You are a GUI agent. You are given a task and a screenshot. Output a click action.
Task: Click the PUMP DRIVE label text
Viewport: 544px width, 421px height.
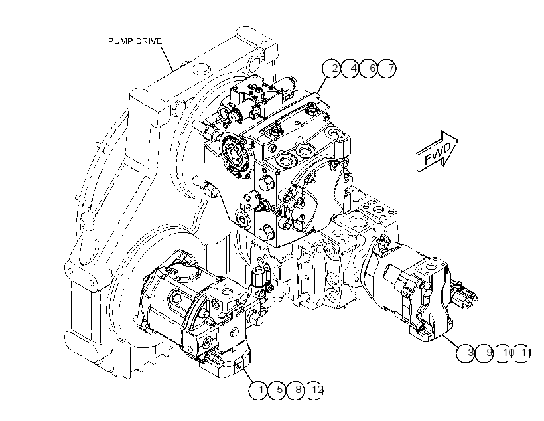tap(135, 41)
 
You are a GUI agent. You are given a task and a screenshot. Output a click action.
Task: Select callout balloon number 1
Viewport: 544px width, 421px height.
tap(258, 390)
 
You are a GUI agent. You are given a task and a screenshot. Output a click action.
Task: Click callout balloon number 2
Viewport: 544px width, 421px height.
tap(332, 68)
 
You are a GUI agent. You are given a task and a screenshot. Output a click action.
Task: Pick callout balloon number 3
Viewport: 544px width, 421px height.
tap(466, 353)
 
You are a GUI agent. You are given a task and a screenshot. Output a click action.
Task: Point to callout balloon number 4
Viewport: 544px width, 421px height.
tap(350, 68)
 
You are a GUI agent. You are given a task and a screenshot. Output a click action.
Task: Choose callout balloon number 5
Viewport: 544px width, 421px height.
tap(277, 390)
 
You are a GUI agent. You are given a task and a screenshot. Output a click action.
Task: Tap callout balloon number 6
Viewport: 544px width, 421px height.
tap(368, 68)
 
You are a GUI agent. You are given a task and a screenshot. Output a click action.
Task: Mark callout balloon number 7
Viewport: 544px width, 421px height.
tap(387, 68)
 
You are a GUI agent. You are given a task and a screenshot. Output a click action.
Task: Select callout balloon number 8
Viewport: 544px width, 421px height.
tap(295, 390)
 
